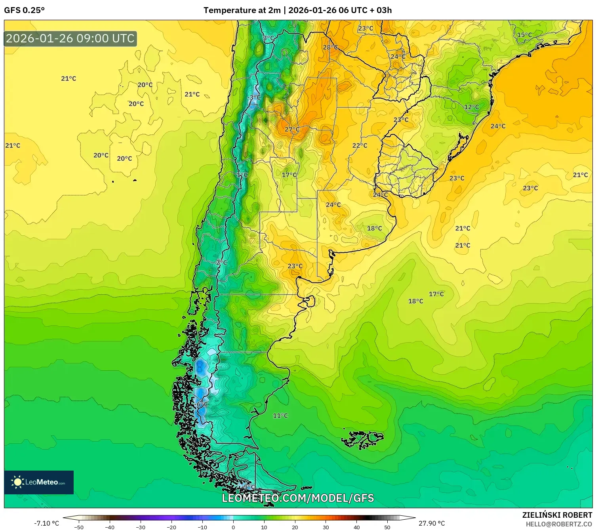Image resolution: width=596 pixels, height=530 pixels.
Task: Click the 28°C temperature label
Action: coord(330,48)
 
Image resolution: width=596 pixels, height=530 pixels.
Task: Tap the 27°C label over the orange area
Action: coord(292,130)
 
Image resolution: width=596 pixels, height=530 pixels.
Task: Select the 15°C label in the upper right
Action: coord(525,35)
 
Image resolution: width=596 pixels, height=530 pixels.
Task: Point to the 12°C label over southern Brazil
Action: coord(472,107)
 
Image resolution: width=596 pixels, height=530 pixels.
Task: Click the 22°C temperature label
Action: coord(360,145)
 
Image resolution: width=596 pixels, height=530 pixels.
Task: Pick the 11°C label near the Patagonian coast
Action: coord(280,416)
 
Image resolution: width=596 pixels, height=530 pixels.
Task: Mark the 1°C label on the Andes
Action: coord(242,175)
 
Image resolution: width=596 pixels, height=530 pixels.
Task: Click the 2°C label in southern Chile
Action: coord(222,262)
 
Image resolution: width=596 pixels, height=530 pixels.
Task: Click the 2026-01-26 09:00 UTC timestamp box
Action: coord(70,38)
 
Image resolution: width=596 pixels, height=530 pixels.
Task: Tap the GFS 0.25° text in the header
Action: coord(25,10)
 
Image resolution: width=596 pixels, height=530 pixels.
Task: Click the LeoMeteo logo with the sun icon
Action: coord(39,482)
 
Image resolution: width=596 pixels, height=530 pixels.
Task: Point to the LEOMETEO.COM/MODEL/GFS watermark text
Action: coord(298,498)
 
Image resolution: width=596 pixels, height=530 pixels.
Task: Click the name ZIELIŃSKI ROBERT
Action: coord(557,515)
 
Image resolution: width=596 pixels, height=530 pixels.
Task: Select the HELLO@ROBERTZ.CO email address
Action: coord(559,524)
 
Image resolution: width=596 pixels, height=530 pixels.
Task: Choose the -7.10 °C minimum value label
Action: coord(46,523)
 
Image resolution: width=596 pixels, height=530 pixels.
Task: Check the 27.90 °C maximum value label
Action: coord(432,523)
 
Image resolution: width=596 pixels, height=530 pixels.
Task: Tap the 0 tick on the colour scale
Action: coord(233,527)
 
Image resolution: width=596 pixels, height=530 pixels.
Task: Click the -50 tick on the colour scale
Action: coord(79,527)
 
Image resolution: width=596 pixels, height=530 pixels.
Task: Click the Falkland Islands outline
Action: coord(362,439)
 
